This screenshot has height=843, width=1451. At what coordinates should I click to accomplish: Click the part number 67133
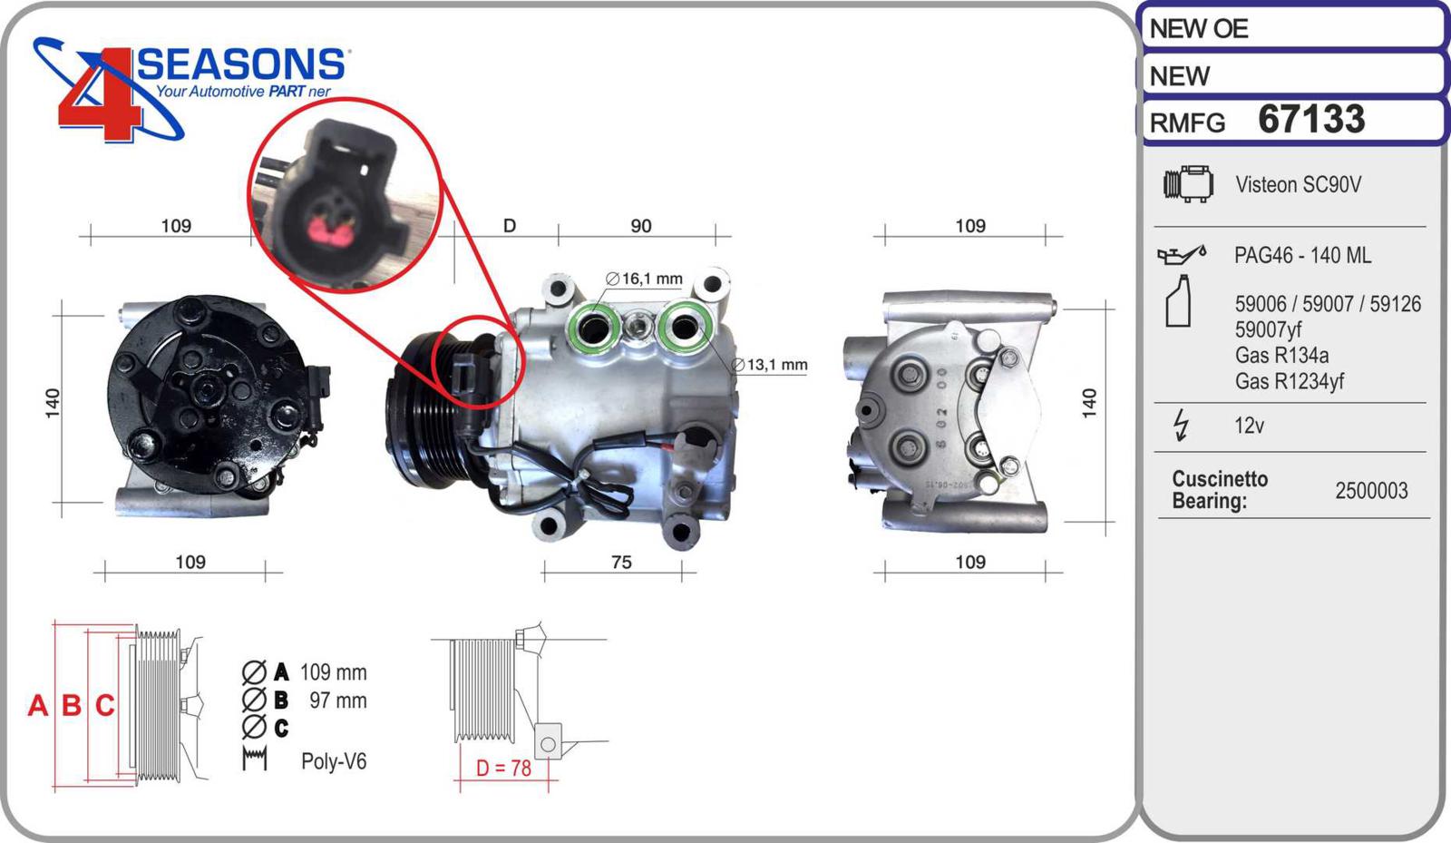point(1311,119)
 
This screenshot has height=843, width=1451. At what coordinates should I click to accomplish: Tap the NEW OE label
point(1198,28)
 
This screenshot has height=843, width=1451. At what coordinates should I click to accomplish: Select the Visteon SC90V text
point(1298,185)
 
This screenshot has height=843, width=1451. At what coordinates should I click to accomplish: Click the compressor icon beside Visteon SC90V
point(1188,184)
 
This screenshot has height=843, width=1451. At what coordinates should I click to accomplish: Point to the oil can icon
point(1182,255)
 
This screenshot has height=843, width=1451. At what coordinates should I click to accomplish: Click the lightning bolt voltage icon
point(1182,425)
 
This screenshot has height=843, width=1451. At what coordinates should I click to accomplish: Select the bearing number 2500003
point(1371,491)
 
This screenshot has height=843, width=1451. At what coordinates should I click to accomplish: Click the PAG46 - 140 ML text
point(1302,255)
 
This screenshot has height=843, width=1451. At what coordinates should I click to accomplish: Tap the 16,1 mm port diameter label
point(644,279)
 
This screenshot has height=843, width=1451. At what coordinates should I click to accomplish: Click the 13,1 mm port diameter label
point(770,365)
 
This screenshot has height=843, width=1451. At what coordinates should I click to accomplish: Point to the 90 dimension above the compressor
point(640,225)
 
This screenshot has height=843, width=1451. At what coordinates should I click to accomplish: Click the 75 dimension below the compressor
point(621,562)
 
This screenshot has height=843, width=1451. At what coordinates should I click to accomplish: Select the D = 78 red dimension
point(503,768)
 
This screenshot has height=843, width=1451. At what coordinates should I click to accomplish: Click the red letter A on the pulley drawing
point(37,705)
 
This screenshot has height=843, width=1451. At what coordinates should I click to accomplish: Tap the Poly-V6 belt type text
point(334,760)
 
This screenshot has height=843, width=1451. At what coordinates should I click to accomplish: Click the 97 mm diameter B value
point(338,701)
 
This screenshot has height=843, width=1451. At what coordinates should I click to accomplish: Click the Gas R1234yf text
point(1289,381)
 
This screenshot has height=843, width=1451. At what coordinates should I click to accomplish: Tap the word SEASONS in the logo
point(240,64)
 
